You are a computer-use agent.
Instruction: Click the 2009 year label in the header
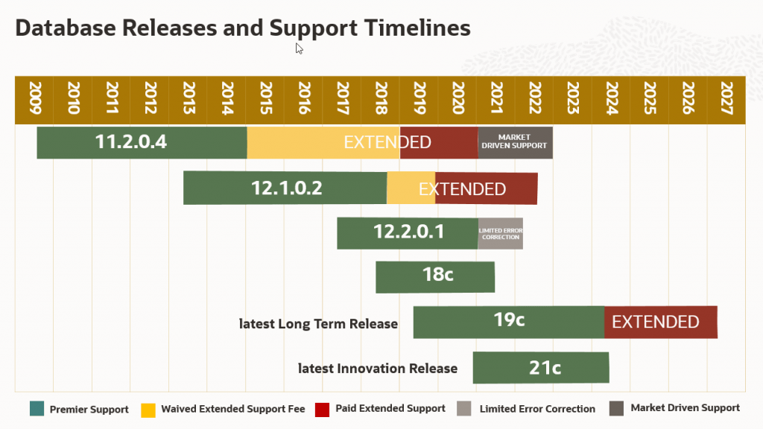(x=34, y=98)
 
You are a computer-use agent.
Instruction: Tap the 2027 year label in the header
(x=726, y=98)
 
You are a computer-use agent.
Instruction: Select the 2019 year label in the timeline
(x=419, y=98)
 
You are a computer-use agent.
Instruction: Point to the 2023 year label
(x=573, y=98)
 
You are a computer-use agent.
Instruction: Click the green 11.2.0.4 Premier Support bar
(x=142, y=142)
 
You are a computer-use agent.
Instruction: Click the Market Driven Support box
(x=514, y=142)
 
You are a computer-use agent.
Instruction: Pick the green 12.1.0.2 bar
(x=285, y=188)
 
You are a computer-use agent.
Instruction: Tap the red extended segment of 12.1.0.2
(x=486, y=188)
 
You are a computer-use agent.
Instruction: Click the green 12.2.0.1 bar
(x=407, y=232)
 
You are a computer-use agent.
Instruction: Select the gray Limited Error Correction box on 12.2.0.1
(x=500, y=233)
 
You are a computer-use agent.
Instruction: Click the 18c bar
(x=435, y=276)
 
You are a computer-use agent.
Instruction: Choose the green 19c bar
(x=508, y=322)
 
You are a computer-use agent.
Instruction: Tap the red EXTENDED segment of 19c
(x=660, y=322)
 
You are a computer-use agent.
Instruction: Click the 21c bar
(x=541, y=367)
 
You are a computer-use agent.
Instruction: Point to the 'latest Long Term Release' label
(x=318, y=324)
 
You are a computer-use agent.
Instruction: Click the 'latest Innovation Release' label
(x=377, y=369)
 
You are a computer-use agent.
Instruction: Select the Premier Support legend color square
(x=37, y=409)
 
